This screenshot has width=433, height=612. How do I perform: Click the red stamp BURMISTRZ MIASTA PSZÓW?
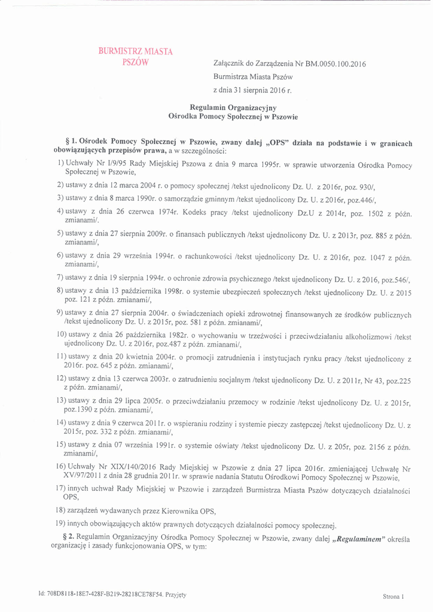click(x=135, y=57)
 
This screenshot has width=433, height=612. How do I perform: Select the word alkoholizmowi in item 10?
click(x=364, y=336)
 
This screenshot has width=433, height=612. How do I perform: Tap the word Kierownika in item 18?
click(x=176, y=511)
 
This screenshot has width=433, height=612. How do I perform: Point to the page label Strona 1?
click(x=394, y=596)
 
